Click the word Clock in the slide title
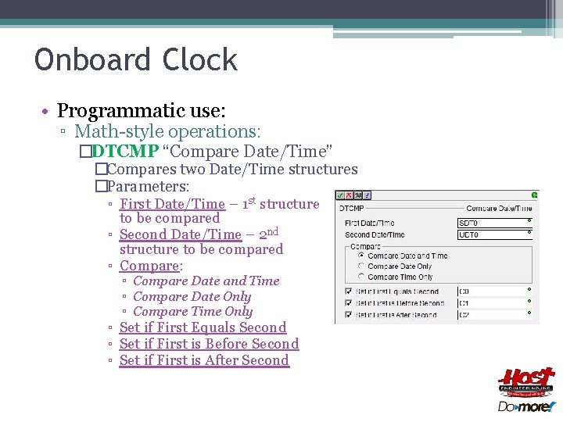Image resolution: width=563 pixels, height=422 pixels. click(200, 60)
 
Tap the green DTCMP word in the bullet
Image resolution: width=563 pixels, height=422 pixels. click(125, 151)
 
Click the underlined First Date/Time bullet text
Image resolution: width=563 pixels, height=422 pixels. click(172, 204)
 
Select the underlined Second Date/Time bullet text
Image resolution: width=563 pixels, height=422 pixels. click(181, 234)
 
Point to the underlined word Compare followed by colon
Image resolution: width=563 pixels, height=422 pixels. click(149, 266)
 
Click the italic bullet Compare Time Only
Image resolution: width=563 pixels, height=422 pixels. click(193, 312)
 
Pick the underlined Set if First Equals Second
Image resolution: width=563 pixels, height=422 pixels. click(203, 327)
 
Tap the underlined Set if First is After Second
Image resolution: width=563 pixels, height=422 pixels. click(204, 360)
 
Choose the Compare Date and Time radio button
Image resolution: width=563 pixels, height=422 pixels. click(360, 256)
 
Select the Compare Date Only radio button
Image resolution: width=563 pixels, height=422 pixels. click(360, 266)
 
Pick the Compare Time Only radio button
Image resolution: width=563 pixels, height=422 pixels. click(360, 277)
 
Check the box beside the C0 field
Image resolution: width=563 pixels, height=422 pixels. click(348, 291)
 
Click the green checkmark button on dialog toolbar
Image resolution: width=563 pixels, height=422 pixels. click(341, 195)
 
